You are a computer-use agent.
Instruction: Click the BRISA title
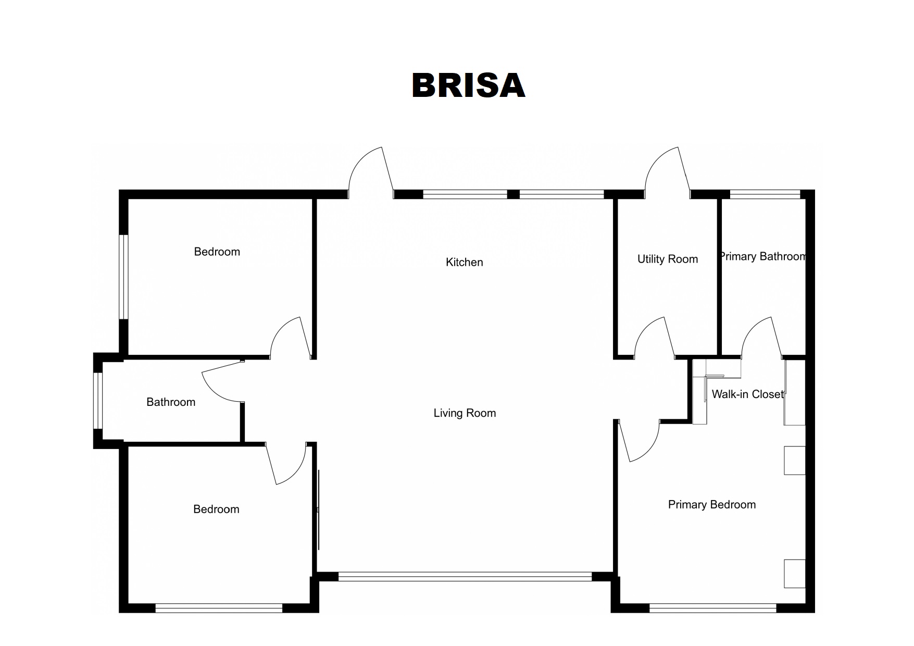click(x=468, y=85)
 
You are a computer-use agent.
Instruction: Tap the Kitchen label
click(x=464, y=262)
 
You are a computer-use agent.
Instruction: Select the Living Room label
click(x=465, y=413)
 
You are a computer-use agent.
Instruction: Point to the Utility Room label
click(x=668, y=259)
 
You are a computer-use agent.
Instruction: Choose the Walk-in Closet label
click(x=748, y=394)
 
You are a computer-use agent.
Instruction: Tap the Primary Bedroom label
click(x=712, y=504)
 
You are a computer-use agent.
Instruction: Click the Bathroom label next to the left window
click(x=171, y=402)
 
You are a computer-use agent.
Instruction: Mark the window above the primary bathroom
click(x=765, y=194)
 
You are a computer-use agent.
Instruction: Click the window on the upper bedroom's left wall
click(x=123, y=277)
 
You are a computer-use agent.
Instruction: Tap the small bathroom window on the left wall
click(x=98, y=401)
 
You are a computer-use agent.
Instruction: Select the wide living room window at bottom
click(x=465, y=577)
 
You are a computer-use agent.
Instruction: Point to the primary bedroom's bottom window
click(x=713, y=608)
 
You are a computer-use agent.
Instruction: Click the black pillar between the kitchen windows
click(x=514, y=194)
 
